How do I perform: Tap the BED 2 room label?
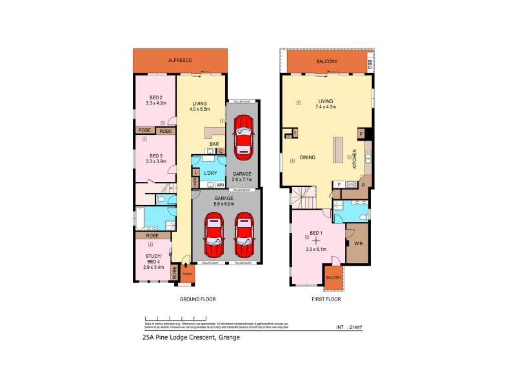pyautogui.click(x=156, y=97)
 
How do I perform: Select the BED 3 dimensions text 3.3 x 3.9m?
pyautogui.click(x=156, y=161)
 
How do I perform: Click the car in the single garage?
pyautogui.click(x=243, y=136)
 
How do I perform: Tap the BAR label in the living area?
pyautogui.click(x=211, y=144)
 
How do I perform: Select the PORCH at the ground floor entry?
pyautogui.click(x=187, y=274)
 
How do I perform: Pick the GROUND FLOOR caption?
pyautogui.click(x=197, y=300)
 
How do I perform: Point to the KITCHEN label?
pyautogui.click(x=354, y=158)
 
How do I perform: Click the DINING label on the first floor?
pyautogui.click(x=307, y=158)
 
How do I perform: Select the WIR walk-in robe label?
pyautogui.click(x=358, y=244)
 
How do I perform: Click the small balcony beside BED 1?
pyautogui.click(x=333, y=276)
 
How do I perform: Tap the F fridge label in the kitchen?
pyautogui.click(x=339, y=184)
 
